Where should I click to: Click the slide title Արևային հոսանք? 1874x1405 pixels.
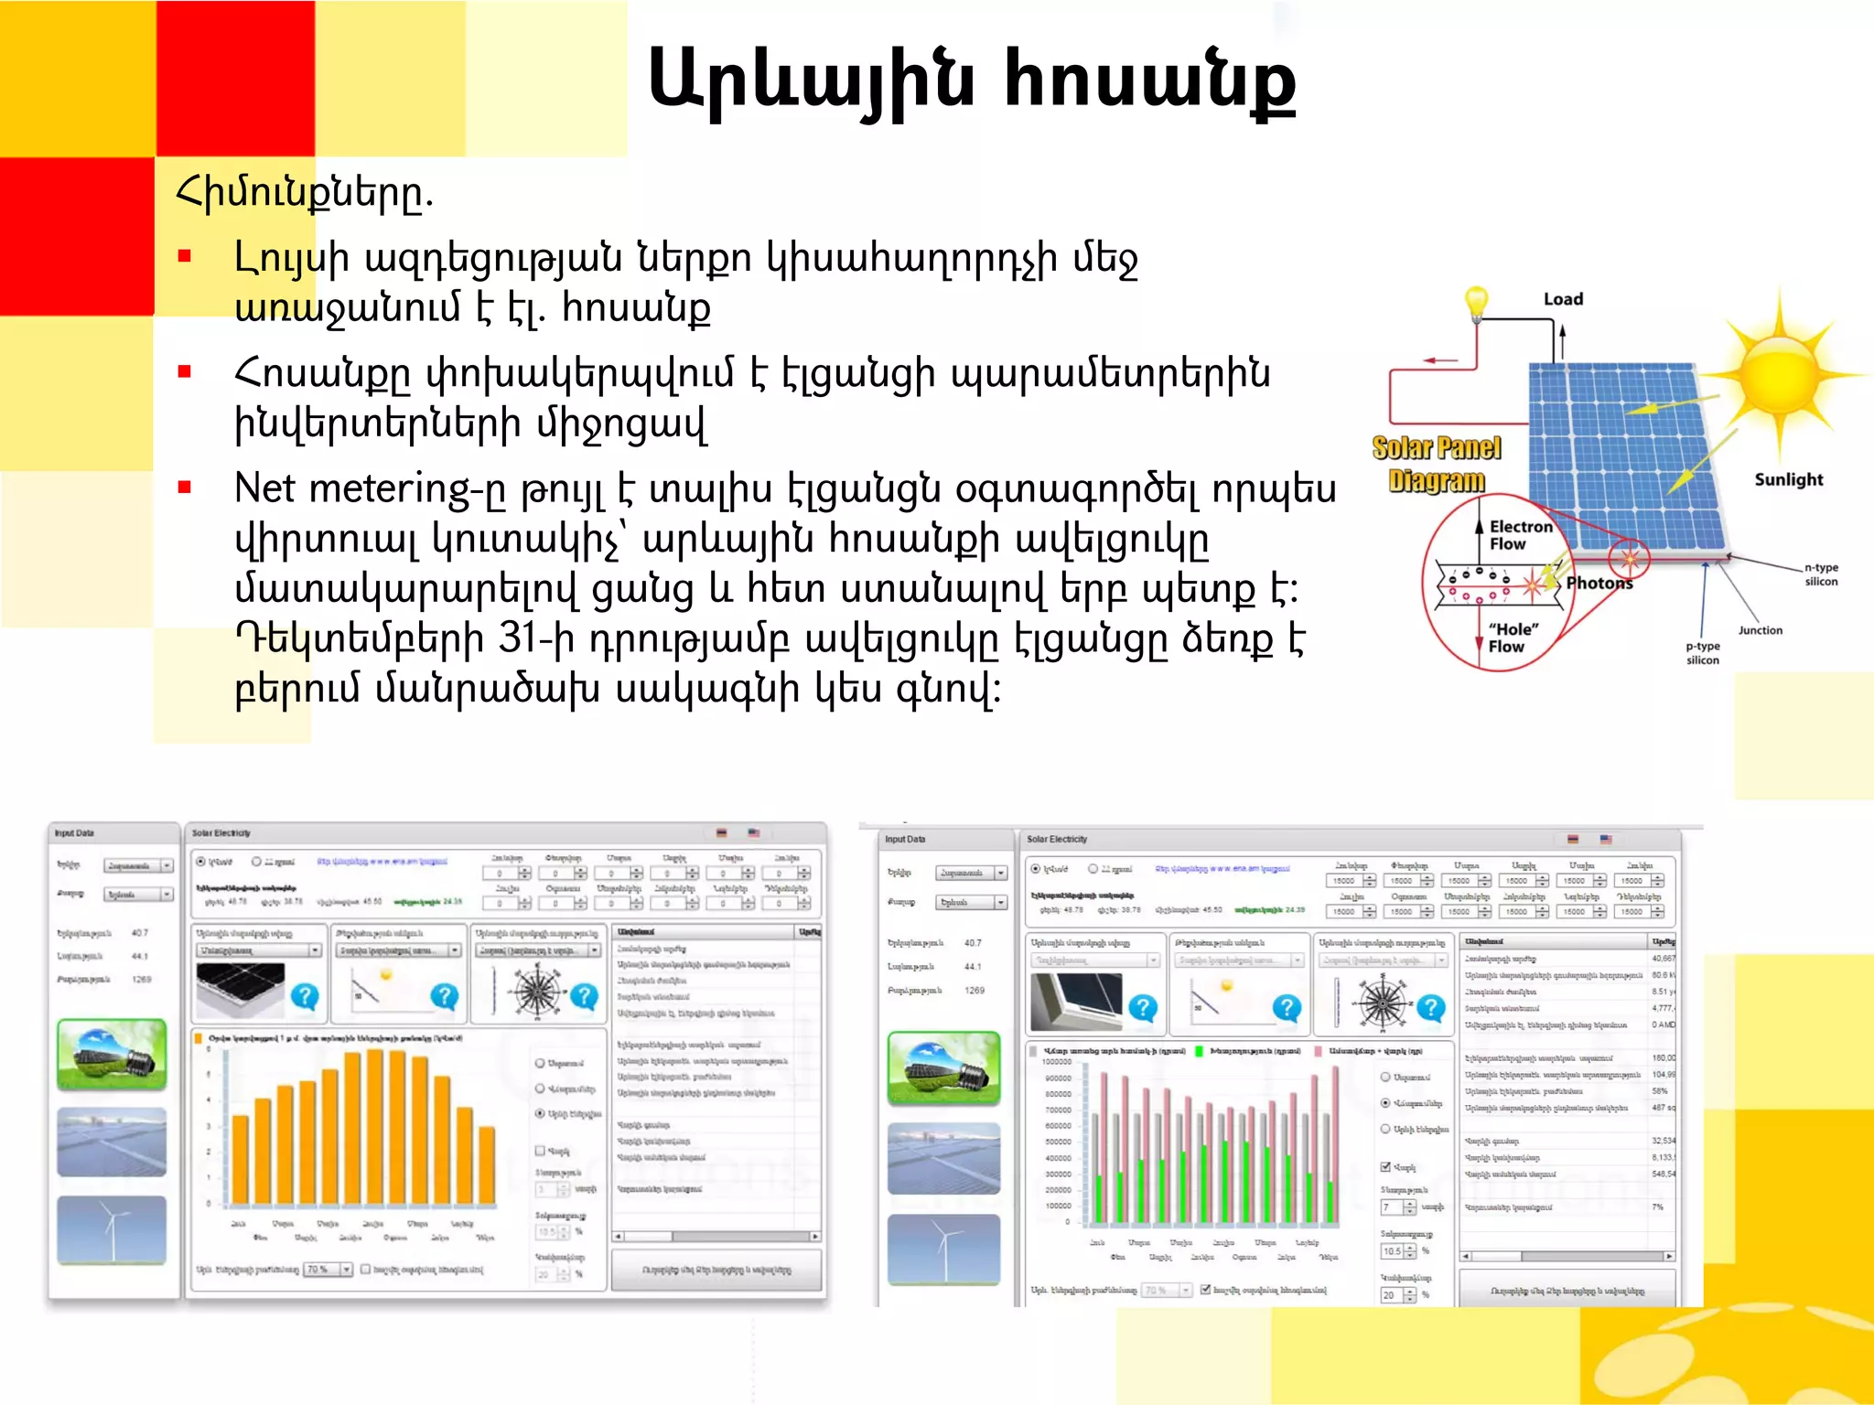971,80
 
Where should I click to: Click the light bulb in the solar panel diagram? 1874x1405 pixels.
1476,303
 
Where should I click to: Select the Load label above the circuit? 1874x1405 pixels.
1563,299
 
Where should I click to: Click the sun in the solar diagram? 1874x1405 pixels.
1780,376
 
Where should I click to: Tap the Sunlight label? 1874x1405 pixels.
1788,479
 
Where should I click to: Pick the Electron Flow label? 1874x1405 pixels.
1520,535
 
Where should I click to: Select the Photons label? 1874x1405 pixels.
1599,583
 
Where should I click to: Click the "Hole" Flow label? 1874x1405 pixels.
1513,638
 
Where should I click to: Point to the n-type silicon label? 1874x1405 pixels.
1820,574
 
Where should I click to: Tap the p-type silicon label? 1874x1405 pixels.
1703,652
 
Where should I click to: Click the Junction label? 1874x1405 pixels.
1760,630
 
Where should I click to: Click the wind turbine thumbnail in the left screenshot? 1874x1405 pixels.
112,1229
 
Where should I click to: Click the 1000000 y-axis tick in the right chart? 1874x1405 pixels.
1056,1062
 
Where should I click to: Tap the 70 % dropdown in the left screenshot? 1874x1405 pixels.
328,1270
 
